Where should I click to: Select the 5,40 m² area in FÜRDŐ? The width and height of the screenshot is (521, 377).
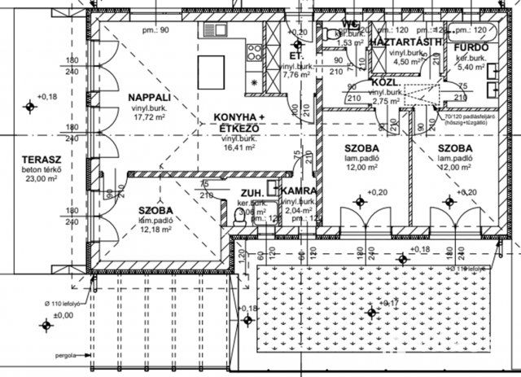(x=471, y=68)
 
